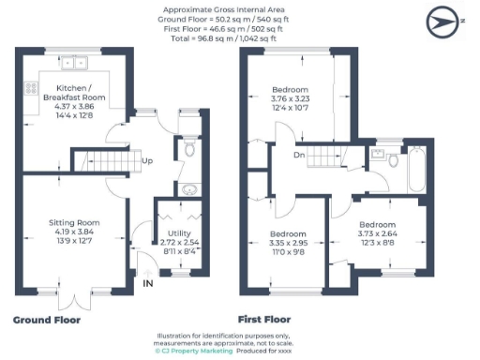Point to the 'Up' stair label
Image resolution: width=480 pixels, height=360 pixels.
[147, 160]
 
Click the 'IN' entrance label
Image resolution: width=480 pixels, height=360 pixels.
[147, 282]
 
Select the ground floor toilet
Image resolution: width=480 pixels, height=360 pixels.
[188, 147]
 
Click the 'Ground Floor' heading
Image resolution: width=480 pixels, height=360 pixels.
[46, 320]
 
